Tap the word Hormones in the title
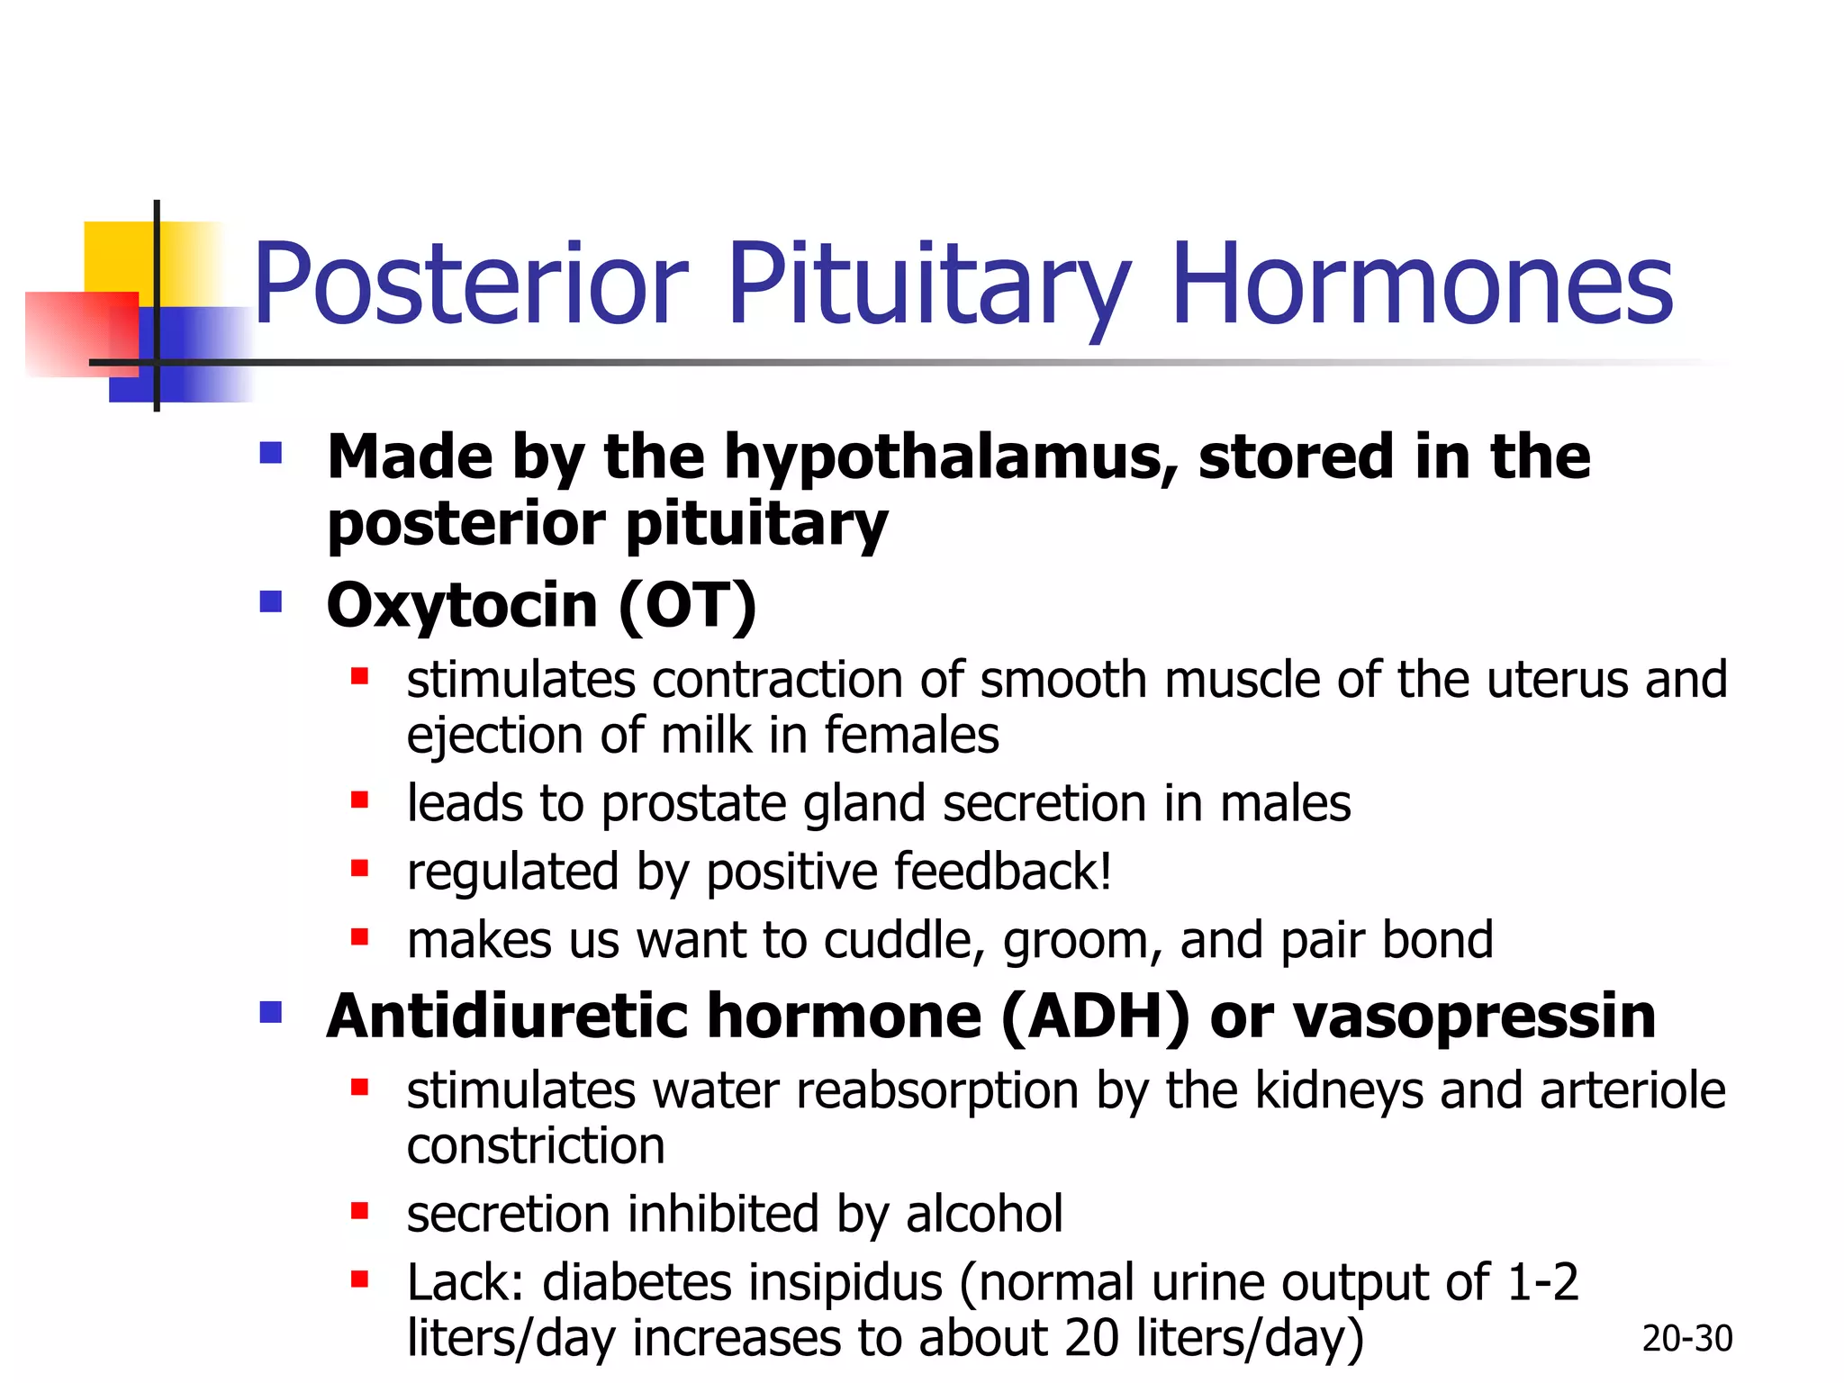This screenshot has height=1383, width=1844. [1421, 286]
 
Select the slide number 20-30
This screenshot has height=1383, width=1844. [1686, 1339]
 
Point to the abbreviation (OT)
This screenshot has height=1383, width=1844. [687, 606]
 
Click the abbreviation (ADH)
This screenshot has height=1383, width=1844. [1095, 1017]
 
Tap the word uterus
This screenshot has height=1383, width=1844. [1556, 680]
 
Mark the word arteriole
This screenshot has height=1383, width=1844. [1632, 1091]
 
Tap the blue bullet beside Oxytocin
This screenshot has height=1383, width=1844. [270, 601]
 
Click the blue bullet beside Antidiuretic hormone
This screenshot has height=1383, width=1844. [270, 1013]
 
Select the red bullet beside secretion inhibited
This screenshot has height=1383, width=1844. [359, 1211]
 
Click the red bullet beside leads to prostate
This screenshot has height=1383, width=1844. [359, 800]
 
